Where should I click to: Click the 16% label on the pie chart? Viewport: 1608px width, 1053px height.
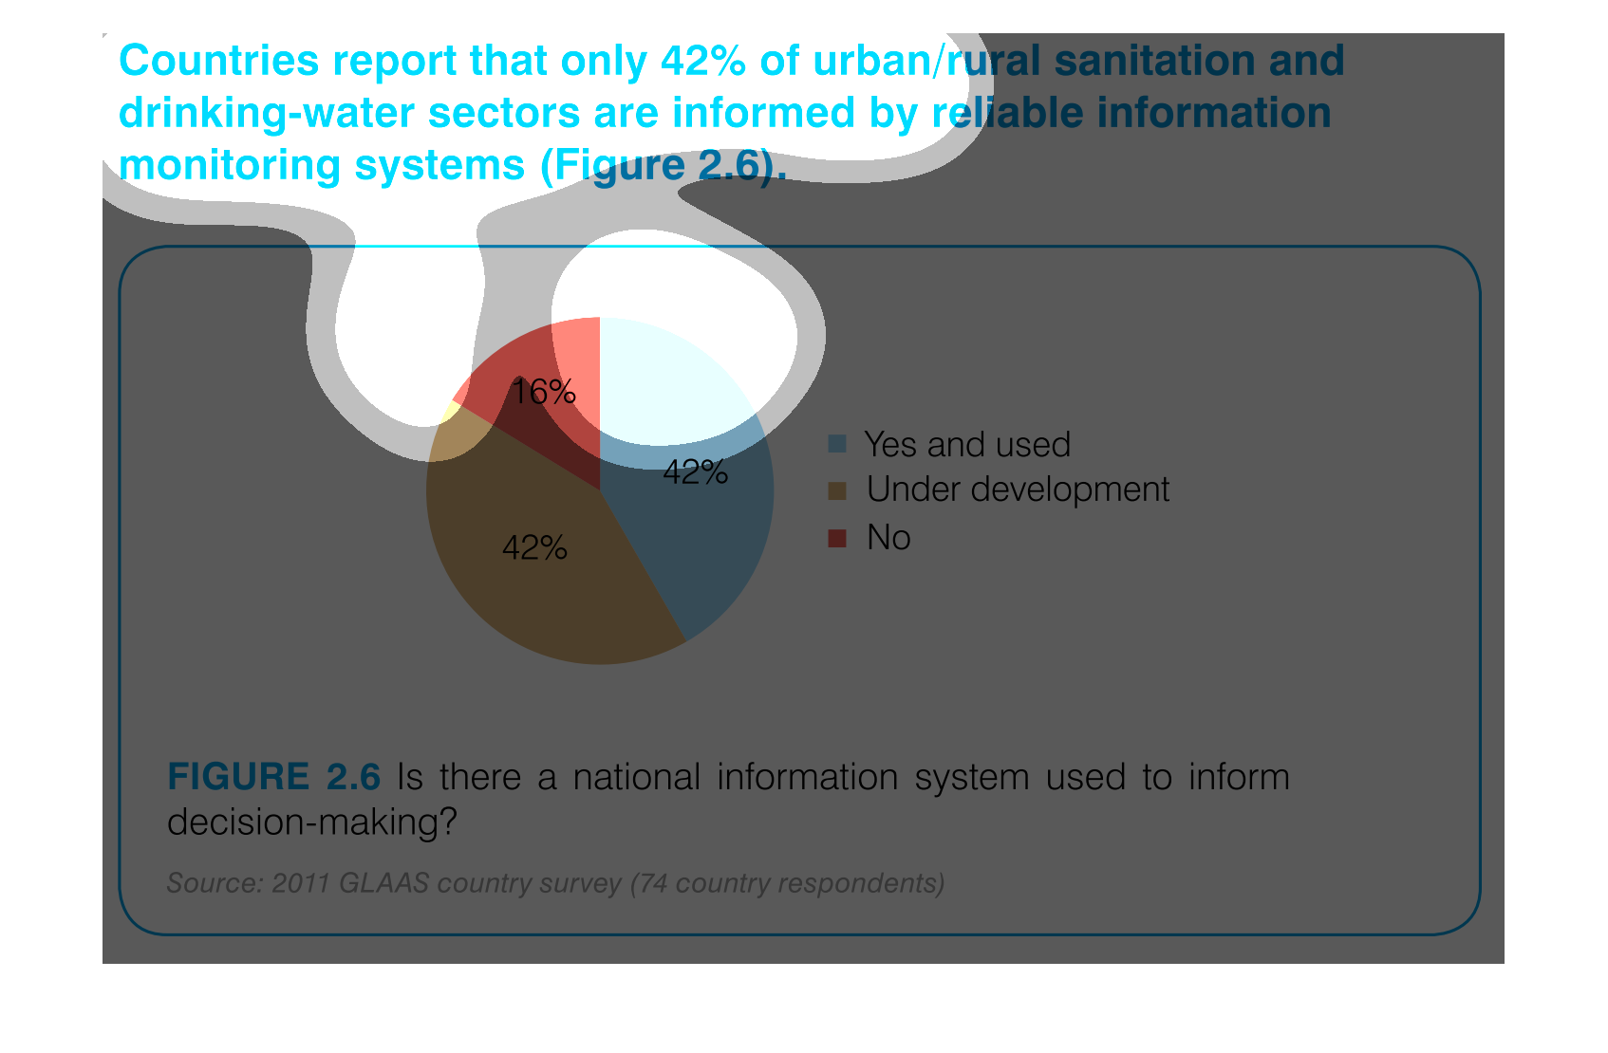(543, 393)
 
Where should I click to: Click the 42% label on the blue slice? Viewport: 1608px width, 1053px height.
(696, 472)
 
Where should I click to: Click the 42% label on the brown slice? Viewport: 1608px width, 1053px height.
(534, 548)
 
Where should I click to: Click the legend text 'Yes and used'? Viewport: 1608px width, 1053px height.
(967, 445)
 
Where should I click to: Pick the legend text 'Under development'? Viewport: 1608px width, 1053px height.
(1018, 490)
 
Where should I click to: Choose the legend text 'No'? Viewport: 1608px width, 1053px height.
(888, 537)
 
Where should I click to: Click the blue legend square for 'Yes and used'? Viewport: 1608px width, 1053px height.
(837, 444)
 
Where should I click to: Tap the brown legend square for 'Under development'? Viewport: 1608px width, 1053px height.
(837, 491)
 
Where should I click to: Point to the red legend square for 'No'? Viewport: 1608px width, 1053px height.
(837, 538)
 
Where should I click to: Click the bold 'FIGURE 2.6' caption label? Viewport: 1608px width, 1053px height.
(273, 777)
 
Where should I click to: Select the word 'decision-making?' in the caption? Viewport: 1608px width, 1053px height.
(311, 822)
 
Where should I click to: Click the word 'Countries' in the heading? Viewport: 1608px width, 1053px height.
(219, 61)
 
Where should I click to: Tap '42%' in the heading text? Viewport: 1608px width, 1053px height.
(702, 61)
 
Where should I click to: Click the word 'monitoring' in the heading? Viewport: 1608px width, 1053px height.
(230, 167)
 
